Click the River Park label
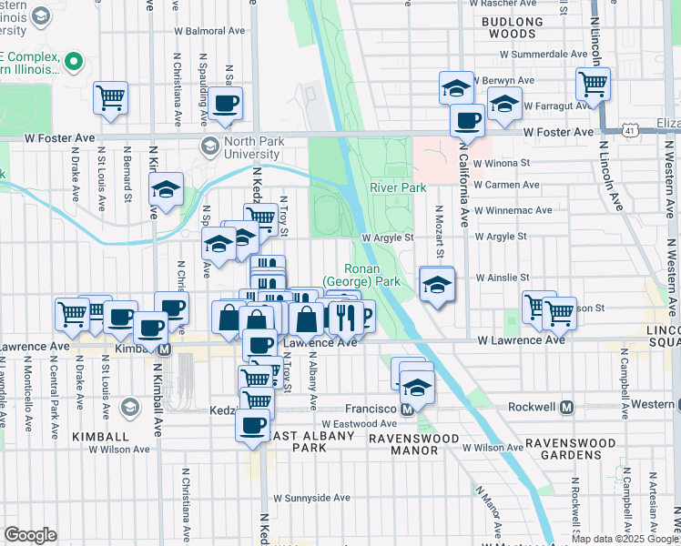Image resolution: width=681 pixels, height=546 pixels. pyautogui.click(x=398, y=188)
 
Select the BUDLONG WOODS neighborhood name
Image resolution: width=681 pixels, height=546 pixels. pyautogui.click(x=513, y=26)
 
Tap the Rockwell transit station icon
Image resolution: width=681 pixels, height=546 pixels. pyautogui.click(x=566, y=408)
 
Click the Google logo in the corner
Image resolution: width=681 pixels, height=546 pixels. pyautogui.click(x=30, y=534)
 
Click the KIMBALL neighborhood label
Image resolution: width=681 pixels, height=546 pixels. pyautogui.click(x=101, y=438)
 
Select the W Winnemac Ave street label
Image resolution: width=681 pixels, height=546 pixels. pyautogui.click(x=514, y=210)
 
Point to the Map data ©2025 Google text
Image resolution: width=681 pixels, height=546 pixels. pyautogui.click(x=625, y=539)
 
